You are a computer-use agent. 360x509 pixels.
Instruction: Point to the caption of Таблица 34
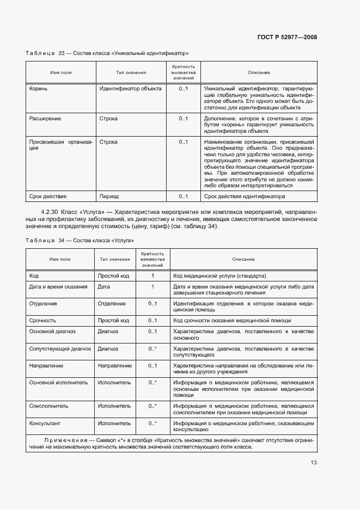click(80, 240)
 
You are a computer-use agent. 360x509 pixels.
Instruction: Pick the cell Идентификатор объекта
click(130, 89)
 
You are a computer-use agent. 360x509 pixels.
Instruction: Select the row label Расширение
click(45, 118)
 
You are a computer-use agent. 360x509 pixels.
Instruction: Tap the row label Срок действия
click(47, 197)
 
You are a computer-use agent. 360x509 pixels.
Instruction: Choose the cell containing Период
click(109, 197)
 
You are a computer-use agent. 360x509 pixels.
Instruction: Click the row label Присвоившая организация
click(60, 145)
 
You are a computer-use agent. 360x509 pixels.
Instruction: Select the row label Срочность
click(42, 320)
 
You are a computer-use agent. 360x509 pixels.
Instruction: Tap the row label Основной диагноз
click(52, 331)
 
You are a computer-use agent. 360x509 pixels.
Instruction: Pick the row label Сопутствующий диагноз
click(59, 348)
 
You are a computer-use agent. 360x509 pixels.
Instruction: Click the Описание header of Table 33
click(259, 73)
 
